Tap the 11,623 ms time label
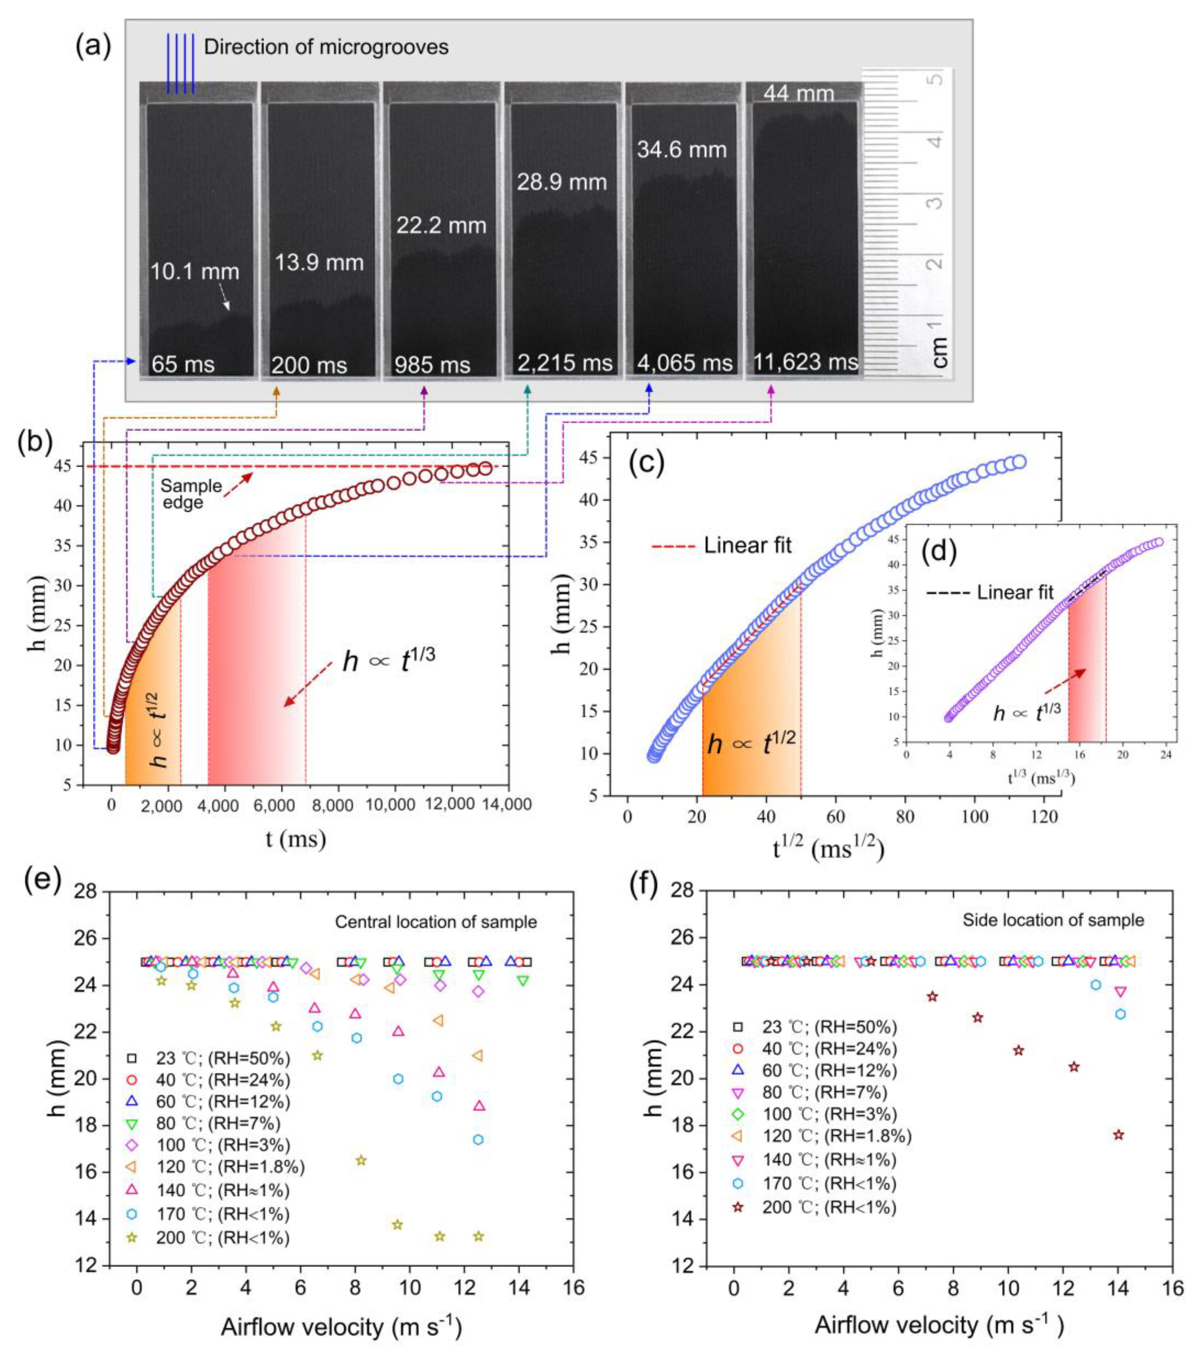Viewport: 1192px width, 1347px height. tap(805, 362)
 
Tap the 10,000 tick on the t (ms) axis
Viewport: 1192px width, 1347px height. tap(394, 804)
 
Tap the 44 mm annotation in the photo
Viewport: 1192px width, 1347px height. tap(799, 94)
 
